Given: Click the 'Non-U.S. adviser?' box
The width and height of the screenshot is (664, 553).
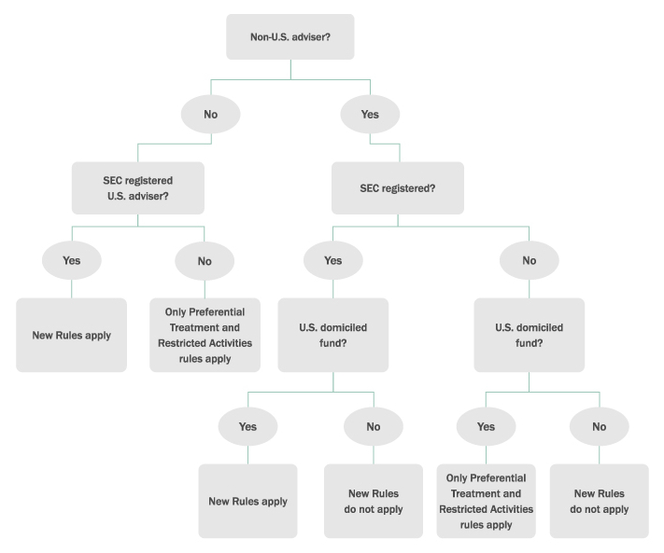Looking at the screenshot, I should coord(290,37).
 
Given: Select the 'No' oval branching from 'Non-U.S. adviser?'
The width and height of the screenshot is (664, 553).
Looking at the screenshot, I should coord(211,115).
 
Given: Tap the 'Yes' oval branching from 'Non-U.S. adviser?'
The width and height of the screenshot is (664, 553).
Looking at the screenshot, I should coord(370,115).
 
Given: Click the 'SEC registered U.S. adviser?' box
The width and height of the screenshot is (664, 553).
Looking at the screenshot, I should coord(138,187).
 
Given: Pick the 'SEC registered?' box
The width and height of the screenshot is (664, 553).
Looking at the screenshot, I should coord(398,187).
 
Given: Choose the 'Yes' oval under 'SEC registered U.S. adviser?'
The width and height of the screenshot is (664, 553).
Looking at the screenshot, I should coord(72,261).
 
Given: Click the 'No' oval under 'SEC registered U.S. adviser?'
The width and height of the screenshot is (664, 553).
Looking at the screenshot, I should coord(205,261).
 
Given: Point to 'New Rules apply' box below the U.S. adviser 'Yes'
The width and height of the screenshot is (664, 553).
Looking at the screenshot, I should coord(72,335).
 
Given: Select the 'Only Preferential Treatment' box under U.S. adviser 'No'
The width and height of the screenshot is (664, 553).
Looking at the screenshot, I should coord(205,335).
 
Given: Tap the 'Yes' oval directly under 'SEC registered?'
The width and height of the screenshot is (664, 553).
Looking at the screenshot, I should coord(333,261).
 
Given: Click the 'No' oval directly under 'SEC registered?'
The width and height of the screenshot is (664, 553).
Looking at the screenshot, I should coord(530,261).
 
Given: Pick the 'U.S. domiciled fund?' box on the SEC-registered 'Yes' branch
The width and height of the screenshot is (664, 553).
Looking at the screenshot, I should coord(333,335).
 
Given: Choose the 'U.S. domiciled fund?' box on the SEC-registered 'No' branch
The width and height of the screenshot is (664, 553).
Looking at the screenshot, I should coord(530,335).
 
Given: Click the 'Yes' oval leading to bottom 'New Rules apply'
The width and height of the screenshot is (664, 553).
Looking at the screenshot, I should coord(247,426).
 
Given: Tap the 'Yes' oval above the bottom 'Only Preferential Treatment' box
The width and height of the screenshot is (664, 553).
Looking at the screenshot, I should coord(486,426).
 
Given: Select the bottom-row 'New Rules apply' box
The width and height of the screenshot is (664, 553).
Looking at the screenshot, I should coord(247,501).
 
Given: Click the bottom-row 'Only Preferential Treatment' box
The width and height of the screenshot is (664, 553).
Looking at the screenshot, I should coord(486,501).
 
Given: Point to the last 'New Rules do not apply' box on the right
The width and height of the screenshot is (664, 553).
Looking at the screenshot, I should coord(599,501).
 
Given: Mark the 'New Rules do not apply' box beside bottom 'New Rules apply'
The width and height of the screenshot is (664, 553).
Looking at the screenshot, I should coord(374,501).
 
